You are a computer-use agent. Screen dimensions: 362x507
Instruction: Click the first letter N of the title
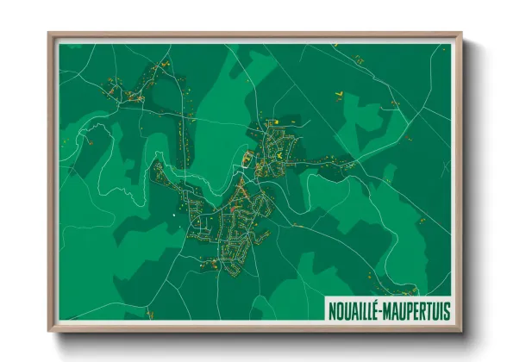point(331,309)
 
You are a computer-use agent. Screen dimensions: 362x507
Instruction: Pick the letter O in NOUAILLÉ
point(339,309)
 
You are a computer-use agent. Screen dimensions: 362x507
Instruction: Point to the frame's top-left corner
point(49,35)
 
